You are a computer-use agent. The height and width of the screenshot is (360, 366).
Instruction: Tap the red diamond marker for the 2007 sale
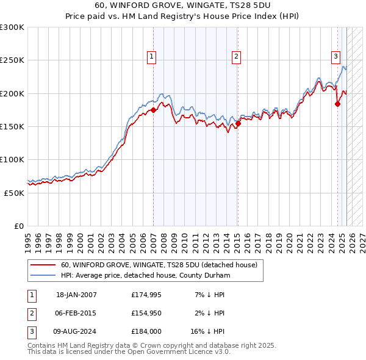(x=153, y=110)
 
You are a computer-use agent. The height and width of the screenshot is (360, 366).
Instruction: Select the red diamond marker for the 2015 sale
(x=238, y=124)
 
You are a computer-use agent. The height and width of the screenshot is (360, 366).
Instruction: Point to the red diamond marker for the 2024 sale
(x=337, y=104)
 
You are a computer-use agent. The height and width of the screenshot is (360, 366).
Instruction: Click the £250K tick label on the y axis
(x=12, y=60)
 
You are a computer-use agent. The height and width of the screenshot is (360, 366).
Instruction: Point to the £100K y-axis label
(x=12, y=159)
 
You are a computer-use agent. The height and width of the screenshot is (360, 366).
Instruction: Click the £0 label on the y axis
(x=18, y=226)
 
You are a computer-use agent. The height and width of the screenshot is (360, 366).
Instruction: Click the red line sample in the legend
(x=43, y=265)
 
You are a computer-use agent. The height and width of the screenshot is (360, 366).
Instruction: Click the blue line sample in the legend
(x=43, y=275)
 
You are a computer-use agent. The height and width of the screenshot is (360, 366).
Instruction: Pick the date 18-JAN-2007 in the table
(x=76, y=295)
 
